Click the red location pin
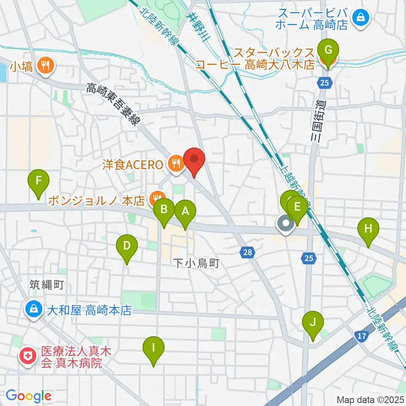[x=194, y=160]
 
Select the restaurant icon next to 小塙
[x=45, y=66]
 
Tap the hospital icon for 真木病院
[x=28, y=356]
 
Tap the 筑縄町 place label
[x=47, y=285]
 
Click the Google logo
[x=28, y=396]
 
